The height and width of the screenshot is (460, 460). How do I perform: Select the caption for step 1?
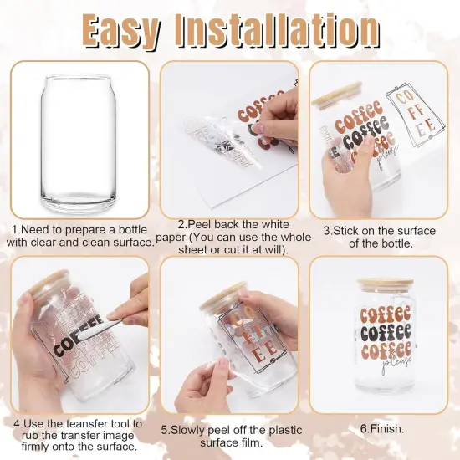pos(81,236)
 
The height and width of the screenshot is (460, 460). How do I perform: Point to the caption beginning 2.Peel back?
pos(230,237)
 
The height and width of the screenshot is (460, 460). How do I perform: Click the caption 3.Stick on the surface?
pos(381,237)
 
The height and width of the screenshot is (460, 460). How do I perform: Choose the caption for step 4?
pos(79,436)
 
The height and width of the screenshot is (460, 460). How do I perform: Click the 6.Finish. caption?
pos(381,428)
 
